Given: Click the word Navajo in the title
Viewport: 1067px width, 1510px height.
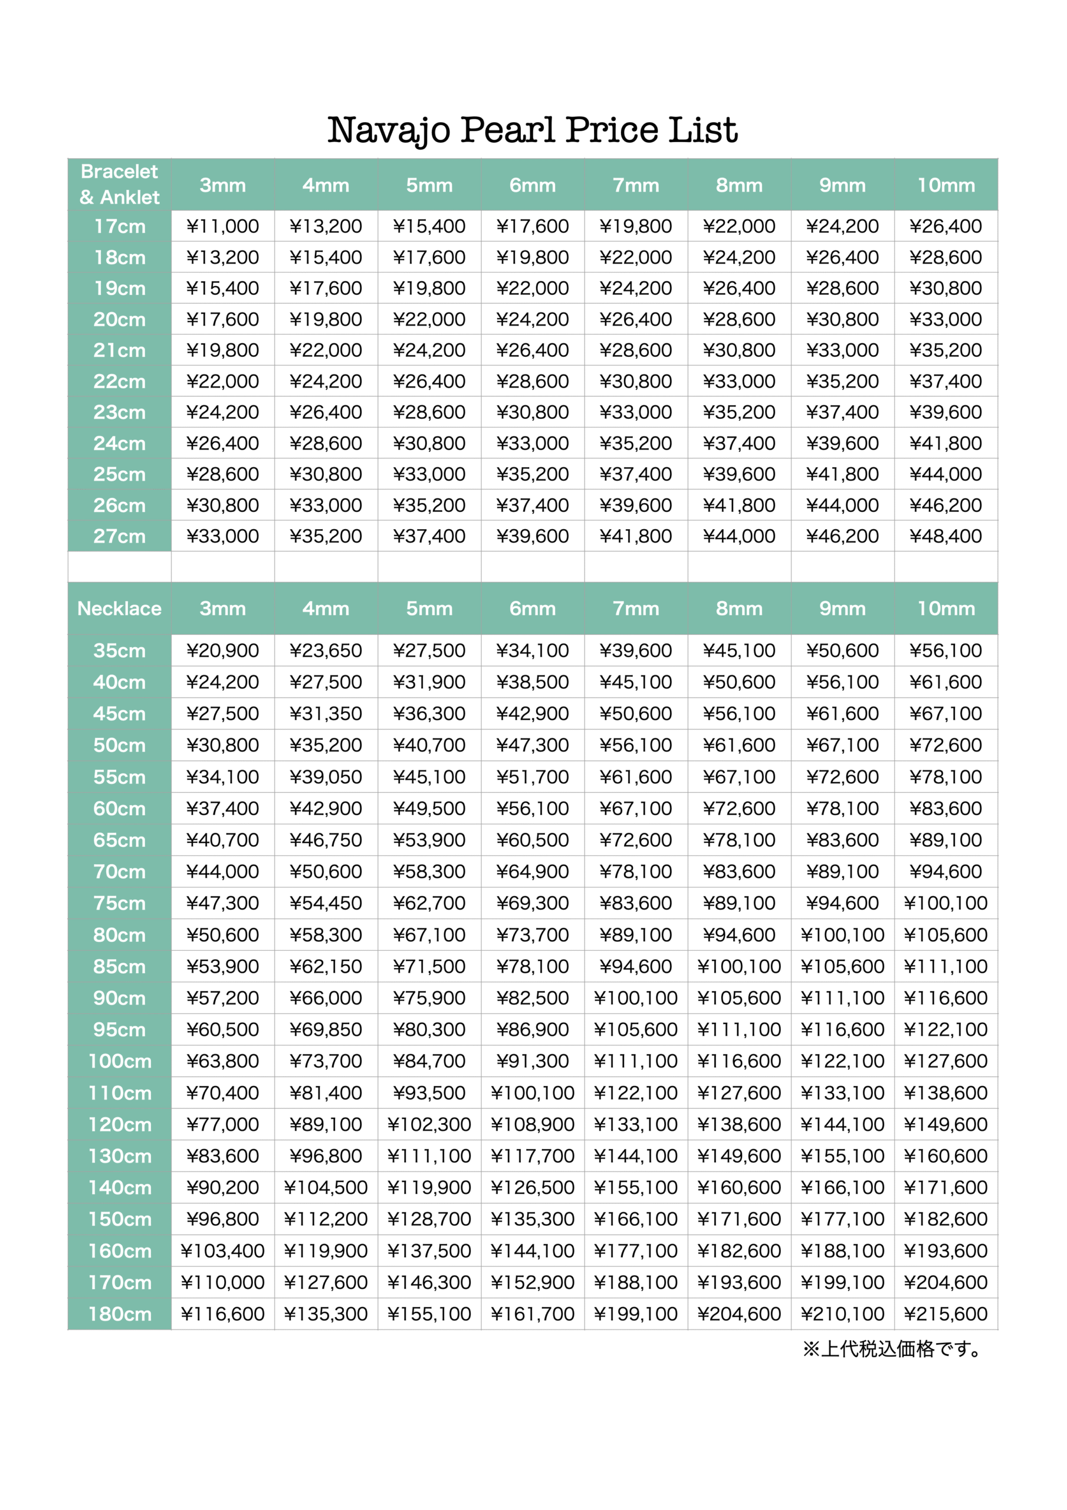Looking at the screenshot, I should pyautogui.click(x=388, y=130).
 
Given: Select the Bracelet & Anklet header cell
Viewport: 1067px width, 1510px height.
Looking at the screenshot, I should pyautogui.click(x=119, y=184).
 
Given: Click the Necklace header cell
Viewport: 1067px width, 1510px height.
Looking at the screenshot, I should pyautogui.click(x=119, y=608).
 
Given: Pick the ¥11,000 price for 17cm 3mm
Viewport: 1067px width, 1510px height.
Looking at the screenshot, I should pyautogui.click(x=222, y=226).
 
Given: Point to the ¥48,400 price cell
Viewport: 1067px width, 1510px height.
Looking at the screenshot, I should pyautogui.click(x=945, y=536).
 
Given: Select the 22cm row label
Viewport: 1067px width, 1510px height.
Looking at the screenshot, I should pyautogui.click(x=119, y=382).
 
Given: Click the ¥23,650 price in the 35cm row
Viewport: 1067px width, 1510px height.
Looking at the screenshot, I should pyautogui.click(x=326, y=651).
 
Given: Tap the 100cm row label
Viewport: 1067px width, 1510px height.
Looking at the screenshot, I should pyautogui.click(x=119, y=1061).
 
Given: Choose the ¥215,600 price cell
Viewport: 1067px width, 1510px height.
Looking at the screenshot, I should pyautogui.click(x=945, y=1314).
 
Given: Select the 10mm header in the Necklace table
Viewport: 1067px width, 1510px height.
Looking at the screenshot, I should pyautogui.click(x=945, y=608).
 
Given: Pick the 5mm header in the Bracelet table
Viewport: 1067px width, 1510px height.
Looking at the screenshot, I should pyautogui.click(x=429, y=185).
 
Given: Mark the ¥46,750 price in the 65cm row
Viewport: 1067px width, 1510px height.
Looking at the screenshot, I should pyautogui.click(x=326, y=840).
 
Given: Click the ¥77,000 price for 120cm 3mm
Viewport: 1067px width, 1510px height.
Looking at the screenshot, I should pyautogui.click(x=222, y=1124).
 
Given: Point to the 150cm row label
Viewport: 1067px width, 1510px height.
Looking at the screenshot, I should pyautogui.click(x=119, y=1219).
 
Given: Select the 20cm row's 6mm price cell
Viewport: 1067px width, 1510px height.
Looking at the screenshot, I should pyautogui.click(x=532, y=320).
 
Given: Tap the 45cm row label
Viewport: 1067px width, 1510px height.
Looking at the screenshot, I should pyautogui.click(x=119, y=714).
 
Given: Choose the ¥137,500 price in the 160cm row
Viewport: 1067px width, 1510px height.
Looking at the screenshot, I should pyautogui.click(x=429, y=1250).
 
